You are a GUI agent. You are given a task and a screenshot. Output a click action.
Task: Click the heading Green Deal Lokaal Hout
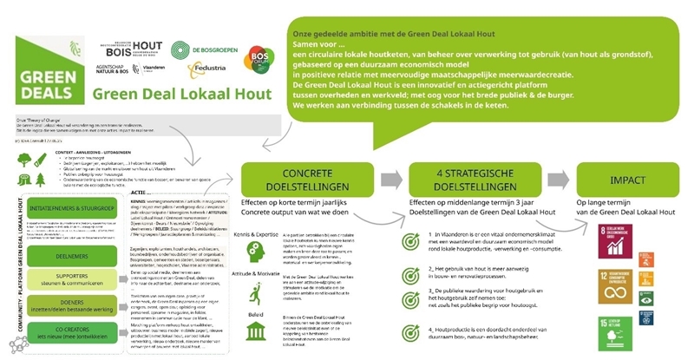pyautogui.click(x=167, y=95)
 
